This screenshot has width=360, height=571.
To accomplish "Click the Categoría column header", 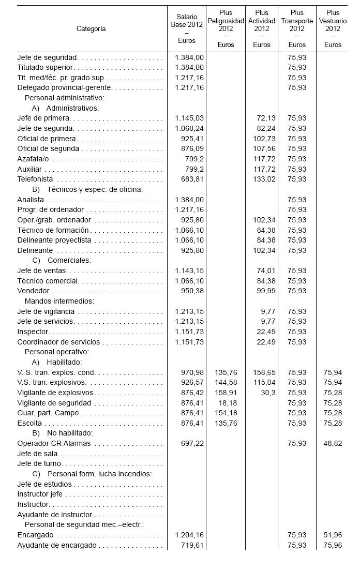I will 91,28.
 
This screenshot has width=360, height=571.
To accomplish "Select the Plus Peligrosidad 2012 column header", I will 226,28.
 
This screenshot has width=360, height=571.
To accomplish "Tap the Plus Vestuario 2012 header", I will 333,28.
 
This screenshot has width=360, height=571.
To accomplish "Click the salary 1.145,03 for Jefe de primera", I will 189,118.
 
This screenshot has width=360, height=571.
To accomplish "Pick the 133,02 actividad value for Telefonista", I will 265,179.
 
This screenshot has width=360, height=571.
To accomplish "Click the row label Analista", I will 31,200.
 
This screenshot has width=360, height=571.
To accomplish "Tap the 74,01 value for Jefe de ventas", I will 267,271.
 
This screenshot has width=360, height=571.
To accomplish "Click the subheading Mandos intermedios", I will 59,301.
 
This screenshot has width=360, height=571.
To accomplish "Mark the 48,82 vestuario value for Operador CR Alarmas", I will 333,443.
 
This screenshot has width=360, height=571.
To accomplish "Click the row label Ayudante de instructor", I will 54,515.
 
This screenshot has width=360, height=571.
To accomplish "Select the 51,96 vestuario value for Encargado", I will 333,535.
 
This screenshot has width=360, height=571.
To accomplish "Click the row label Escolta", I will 29,423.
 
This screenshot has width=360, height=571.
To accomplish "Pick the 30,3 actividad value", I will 270,393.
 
